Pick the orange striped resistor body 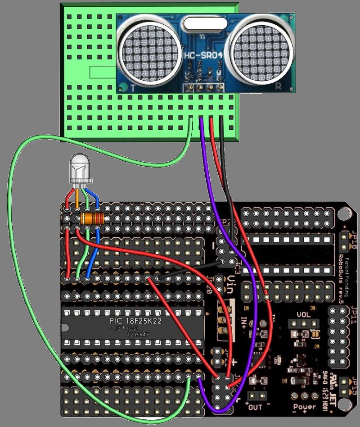[92, 219]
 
